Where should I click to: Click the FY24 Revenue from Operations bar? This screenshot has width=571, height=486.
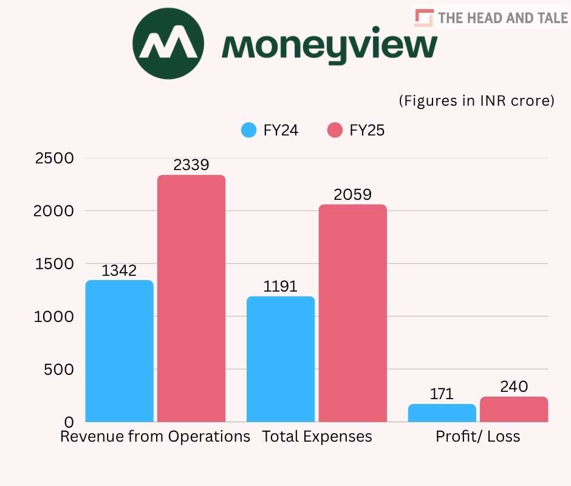tap(119, 351)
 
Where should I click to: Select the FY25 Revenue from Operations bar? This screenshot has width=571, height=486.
tap(191, 298)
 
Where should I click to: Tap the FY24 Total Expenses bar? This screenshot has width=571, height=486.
tap(281, 359)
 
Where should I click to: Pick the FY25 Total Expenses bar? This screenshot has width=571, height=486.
tap(352, 313)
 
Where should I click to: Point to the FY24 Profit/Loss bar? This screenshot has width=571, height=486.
tap(442, 413)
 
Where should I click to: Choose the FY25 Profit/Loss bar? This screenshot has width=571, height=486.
tap(514, 409)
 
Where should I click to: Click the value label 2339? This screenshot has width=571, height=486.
tap(191, 165)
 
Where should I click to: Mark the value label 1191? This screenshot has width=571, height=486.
tap(281, 286)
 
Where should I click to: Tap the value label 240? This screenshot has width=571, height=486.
tap(514, 387)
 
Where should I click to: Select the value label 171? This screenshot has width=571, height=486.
tap(442, 394)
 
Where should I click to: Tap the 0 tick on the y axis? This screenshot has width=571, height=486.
tap(69, 422)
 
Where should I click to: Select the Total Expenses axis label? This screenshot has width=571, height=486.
tap(317, 437)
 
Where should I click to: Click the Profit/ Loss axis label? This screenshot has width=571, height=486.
tap(477, 437)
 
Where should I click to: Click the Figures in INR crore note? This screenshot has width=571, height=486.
tap(476, 101)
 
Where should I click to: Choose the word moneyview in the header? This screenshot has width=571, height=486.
tap(329, 46)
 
